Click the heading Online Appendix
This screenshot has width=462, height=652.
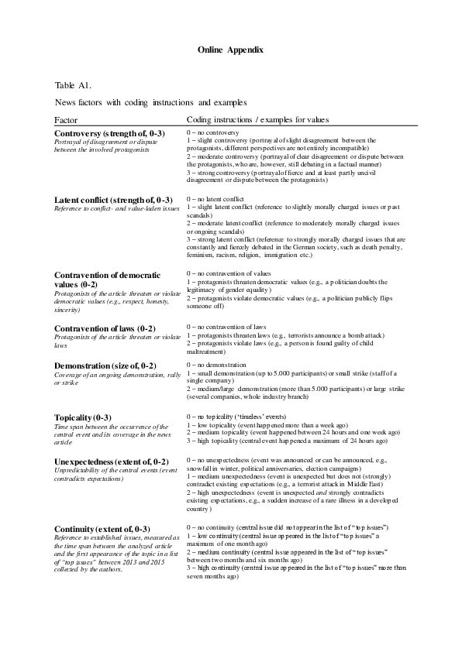(230, 49)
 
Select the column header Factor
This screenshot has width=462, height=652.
(66, 120)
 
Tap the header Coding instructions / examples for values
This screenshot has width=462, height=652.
(257, 120)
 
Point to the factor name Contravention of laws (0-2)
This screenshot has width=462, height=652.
(105, 329)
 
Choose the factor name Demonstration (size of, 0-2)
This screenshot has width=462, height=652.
(105, 365)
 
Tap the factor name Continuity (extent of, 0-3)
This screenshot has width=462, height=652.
(102, 506)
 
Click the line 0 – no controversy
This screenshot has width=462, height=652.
(214, 132)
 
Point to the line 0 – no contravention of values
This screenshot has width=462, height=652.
(229, 273)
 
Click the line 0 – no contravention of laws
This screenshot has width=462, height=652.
(226, 328)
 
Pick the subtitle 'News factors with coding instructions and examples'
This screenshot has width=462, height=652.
(150, 101)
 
